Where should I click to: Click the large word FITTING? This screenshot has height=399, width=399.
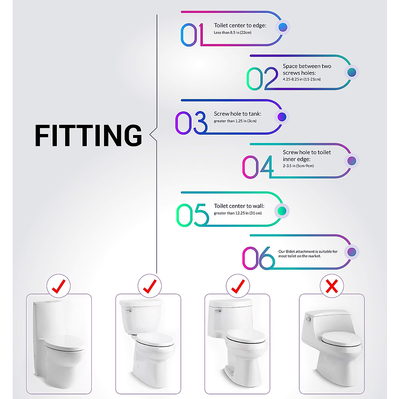tap(88, 136)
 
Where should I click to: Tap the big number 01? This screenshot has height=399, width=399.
tap(192, 35)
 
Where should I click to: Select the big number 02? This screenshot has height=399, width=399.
tap(262, 79)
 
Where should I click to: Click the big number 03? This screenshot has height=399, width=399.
tap(191, 123)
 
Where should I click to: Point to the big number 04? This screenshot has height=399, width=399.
tap(258, 167)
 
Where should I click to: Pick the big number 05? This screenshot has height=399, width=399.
tap(192, 215)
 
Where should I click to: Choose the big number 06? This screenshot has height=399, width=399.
tap(258, 258)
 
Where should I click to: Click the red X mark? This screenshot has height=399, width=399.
tap(332, 286)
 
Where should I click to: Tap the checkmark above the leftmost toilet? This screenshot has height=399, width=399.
tap(59, 286)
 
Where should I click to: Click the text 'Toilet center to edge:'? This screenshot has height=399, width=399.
tap(240, 26)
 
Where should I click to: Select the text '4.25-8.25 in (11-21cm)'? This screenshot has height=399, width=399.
tap(302, 79)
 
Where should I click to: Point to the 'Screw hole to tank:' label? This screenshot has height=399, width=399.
tap(237, 114)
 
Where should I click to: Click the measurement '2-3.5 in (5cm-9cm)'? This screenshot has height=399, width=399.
tap(298, 166)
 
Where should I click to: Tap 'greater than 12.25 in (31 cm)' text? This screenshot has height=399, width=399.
tap(237, 213)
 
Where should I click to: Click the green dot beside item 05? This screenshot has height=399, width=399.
tap(282, 211)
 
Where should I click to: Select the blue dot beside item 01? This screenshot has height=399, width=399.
tap(283, 27)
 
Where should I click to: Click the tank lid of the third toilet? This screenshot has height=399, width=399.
tap(230, 303)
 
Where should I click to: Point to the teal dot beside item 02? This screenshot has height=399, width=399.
tap(351, 72)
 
